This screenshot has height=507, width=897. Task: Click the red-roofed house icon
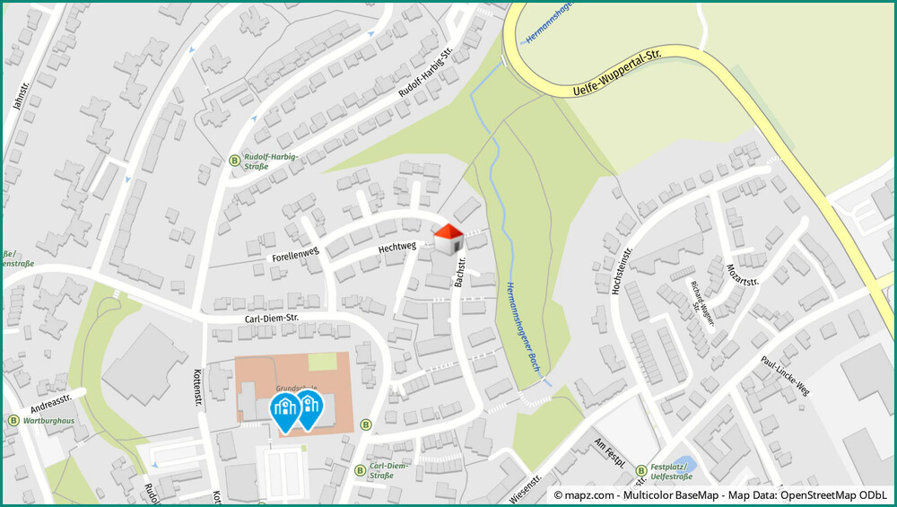(x=448, y=240)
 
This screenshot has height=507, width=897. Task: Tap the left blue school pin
(x=285, y=410)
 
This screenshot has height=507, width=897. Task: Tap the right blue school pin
(x=309, y=408)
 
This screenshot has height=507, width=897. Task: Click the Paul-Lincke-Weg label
(x=785, y=375)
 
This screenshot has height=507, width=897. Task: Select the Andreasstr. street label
(x=50, y=401)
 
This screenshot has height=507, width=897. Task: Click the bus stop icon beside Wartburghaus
(x=13, y=420)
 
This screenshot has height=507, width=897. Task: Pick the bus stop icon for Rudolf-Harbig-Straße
(x=235, y=161)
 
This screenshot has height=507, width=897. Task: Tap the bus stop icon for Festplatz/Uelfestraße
(x=641, y=470)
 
